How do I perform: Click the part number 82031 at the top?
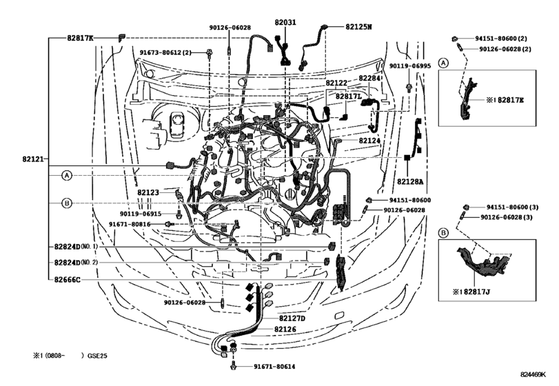(284, 23)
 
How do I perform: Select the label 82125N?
(359, 27)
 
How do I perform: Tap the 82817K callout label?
(80, 37)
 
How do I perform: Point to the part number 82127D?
(292, 318)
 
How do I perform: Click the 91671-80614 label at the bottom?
(274, 367)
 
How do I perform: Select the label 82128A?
(410, 183)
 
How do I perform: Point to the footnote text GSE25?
(98, 356)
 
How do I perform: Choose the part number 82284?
(370, 79)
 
